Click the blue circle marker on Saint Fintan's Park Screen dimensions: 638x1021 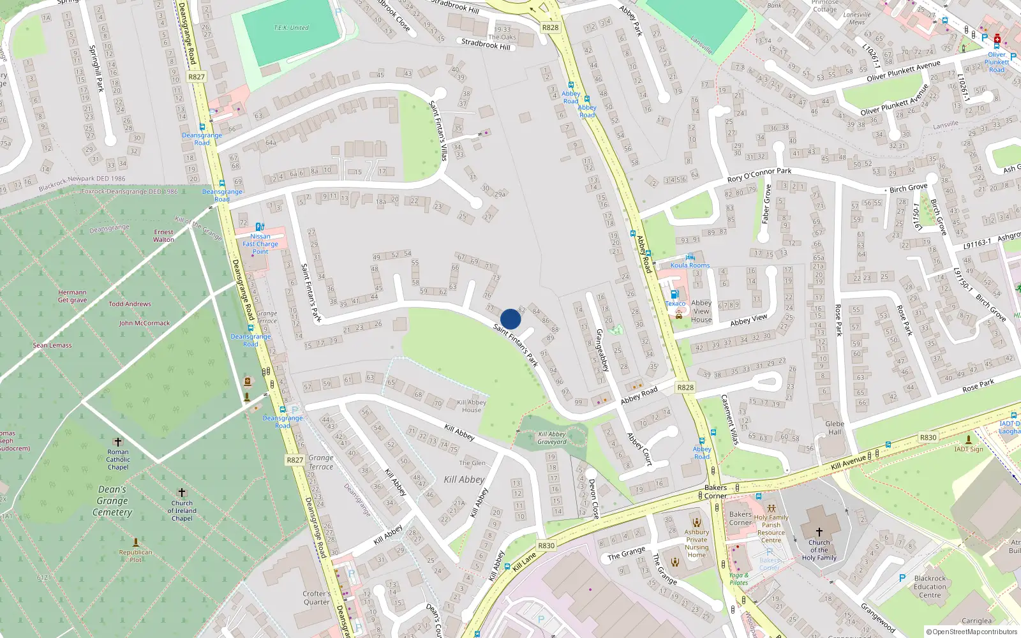tap(511, 319)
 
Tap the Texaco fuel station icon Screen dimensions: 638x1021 tap(674, 294)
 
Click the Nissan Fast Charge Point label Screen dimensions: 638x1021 tap(260, 244)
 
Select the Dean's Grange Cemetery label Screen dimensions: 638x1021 tap(112, 501)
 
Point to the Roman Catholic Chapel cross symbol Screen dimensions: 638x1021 tap(117, 441)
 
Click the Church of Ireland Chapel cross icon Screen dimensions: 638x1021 tap(182, 493)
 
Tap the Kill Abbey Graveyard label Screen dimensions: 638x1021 tap(552, 438)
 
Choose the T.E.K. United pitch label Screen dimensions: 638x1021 tap(291, 28)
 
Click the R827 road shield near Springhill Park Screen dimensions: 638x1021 tap(197, 77)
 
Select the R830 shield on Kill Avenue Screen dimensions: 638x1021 tap(928, 437)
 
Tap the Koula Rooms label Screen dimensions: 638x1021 tap(690, 265)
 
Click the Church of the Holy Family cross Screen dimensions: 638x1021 tap(819, 531)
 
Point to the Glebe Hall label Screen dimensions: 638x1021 tap(835, 427)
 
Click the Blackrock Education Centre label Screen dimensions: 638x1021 tap(930, 586)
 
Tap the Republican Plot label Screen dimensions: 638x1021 tap(135, 556)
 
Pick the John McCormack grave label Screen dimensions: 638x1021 tap(144, 323)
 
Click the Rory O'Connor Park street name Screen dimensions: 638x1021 tap(759, 175)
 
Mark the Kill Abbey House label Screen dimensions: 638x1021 tap(472, 406)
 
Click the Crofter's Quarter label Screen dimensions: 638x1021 tap(317, 598)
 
